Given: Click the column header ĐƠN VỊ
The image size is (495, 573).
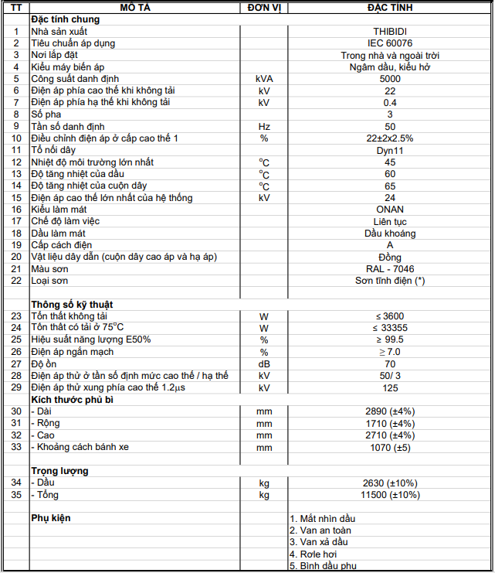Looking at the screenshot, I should click(x=263, y=7).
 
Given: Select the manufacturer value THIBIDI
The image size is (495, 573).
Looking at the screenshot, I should click(x=389, y=31).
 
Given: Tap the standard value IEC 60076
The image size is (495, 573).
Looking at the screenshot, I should click(x=389, y=43).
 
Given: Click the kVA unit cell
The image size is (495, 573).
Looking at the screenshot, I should click(x=263, y=79).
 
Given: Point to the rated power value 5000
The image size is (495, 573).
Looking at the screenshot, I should click(x=389, y=79).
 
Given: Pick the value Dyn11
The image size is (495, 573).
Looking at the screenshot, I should click(x=389, y=150).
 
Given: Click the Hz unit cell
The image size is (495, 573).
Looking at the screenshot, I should click(x=263, y=126).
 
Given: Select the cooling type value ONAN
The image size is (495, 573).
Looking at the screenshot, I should click(x=389, y=210).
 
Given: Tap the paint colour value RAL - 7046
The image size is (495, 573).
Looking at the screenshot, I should click(x=389, y=269).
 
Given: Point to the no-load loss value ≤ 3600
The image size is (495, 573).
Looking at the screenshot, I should click(x=389, y=316).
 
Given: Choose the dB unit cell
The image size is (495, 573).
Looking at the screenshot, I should click(x=263, y=363).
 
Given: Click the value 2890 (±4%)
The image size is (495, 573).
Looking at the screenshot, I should click(x=389, y=411).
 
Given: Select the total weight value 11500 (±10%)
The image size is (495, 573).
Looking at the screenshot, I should click(x=389, y=495).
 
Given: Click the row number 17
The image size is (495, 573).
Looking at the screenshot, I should click(x=15, y=221).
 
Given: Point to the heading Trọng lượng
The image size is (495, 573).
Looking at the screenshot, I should click(x=59, y=471).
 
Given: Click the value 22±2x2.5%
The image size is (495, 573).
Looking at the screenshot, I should click(x=389, y=138).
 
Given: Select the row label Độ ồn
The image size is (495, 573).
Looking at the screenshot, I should click(x=45, y=363).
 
